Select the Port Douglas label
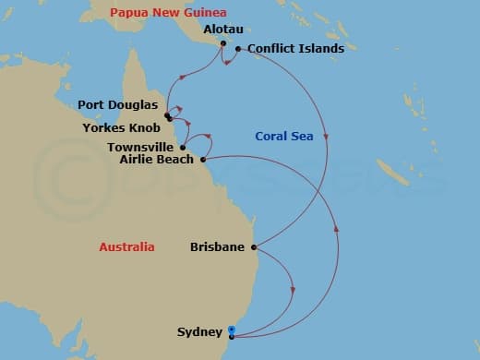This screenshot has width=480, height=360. point(117,103)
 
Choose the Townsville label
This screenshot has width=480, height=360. point(139,147)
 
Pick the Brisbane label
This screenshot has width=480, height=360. point(217,246)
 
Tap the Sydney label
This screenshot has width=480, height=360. point(199,331)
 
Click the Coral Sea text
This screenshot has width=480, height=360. point(283,137)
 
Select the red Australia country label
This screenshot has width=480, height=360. point(126,246)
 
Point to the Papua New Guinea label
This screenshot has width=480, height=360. point(162,12)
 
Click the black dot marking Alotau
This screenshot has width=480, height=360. point(222,42)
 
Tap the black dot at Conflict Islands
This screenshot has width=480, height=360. point(238,49)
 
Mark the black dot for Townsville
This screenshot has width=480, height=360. point(184,147)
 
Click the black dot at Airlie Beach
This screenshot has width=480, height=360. point(202,159)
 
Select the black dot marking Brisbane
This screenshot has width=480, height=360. point(254,246)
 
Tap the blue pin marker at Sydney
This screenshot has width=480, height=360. point(231,331)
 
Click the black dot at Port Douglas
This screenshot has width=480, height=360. point(167,116)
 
